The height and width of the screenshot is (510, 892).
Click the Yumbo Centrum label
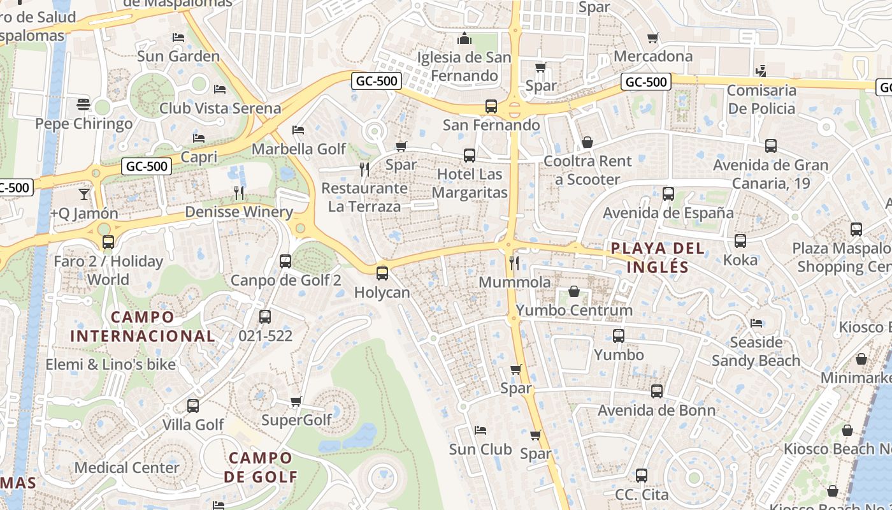[x=574, y=310]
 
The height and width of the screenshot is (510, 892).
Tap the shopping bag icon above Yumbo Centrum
[x=574, y=292]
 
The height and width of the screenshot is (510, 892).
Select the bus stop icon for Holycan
[x=382, y=273]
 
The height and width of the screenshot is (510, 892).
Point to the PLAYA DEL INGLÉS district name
[x=658, y=258]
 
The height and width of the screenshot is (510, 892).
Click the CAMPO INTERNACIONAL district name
[x=142, y=326]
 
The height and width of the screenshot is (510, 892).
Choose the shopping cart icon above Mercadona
[x=652, y=38]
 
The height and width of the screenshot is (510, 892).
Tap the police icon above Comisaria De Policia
[x=761, y=71]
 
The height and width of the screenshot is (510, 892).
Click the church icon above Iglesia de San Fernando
[x=464, y=38]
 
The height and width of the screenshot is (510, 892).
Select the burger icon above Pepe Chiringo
[x=83, y=104]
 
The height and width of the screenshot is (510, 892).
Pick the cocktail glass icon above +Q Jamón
[x=84, y=194]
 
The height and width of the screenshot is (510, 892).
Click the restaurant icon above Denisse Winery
[x=239, y=193]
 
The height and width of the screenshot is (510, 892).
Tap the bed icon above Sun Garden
[x=178, y=38]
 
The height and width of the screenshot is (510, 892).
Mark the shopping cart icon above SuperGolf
[x=296, y=402]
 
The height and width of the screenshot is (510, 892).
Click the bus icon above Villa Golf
[x=193, y=405]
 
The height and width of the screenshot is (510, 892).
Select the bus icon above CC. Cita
[x=642, y=476]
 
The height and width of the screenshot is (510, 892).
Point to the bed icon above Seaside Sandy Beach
[x=756, y=323]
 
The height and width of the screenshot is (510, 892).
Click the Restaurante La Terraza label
[x=364, y=198]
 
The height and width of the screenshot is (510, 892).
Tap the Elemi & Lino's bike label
[x=110, y=365]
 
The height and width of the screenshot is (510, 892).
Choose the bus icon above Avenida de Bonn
[x=657, y=391]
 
